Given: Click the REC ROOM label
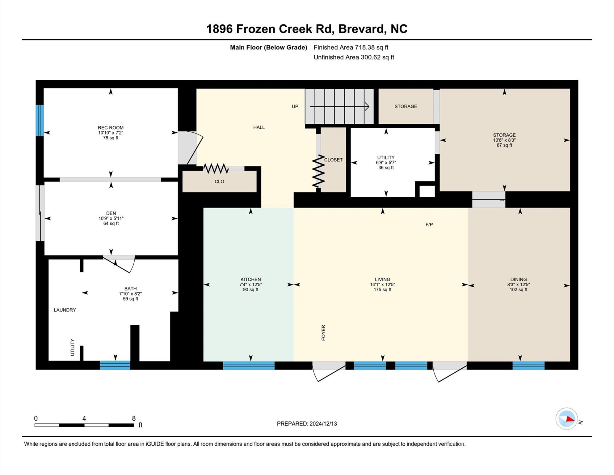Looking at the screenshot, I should pyautogui.click(x=111, y=127).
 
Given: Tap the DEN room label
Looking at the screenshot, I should pyautogui.click(x=111, y=213).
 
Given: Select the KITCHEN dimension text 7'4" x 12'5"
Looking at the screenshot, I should pyautogui.click(x=250, y=285).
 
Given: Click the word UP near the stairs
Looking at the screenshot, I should pyautogui.click(x=295, y=106).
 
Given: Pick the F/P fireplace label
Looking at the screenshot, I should pyautogui.click(x=429, y=225).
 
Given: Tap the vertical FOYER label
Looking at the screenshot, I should pyautogui.click(x=323, y=333).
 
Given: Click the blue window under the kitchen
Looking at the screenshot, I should pyautogui.click(x=249, y=366).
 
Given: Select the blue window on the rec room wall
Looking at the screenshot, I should pyautogui.click(x=40, y=120).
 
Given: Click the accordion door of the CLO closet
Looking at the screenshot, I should pyautogui.click(x=216, y=169).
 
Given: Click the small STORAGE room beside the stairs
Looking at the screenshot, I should pyautogui.click(x=406, y=106).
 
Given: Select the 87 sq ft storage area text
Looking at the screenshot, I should pyautogui.click(x=504, y=145).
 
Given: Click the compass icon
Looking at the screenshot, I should pyautogui.click(x=566, y=419).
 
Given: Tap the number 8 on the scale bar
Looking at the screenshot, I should pyautogui.click(x=134, y=418).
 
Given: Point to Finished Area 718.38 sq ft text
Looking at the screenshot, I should pyautogui.click(x=351, y=47).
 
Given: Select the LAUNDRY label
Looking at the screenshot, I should pyautogui.click(x=65, y=310).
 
